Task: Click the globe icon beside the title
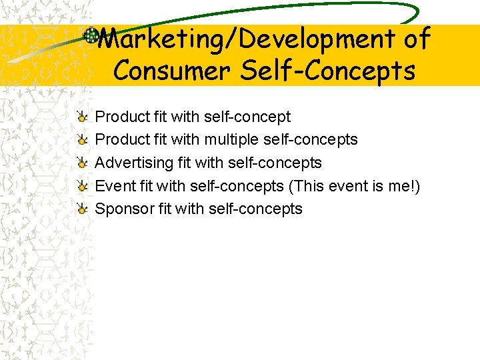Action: [91, 35]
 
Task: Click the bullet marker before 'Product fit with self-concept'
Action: [81, 117]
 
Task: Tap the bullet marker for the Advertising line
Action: [81, 163]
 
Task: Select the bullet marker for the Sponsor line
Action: [81, 209]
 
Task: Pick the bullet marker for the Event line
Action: [81, 186]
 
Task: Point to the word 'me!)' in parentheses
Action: [404, 186]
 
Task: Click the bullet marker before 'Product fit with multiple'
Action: [81, 140]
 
